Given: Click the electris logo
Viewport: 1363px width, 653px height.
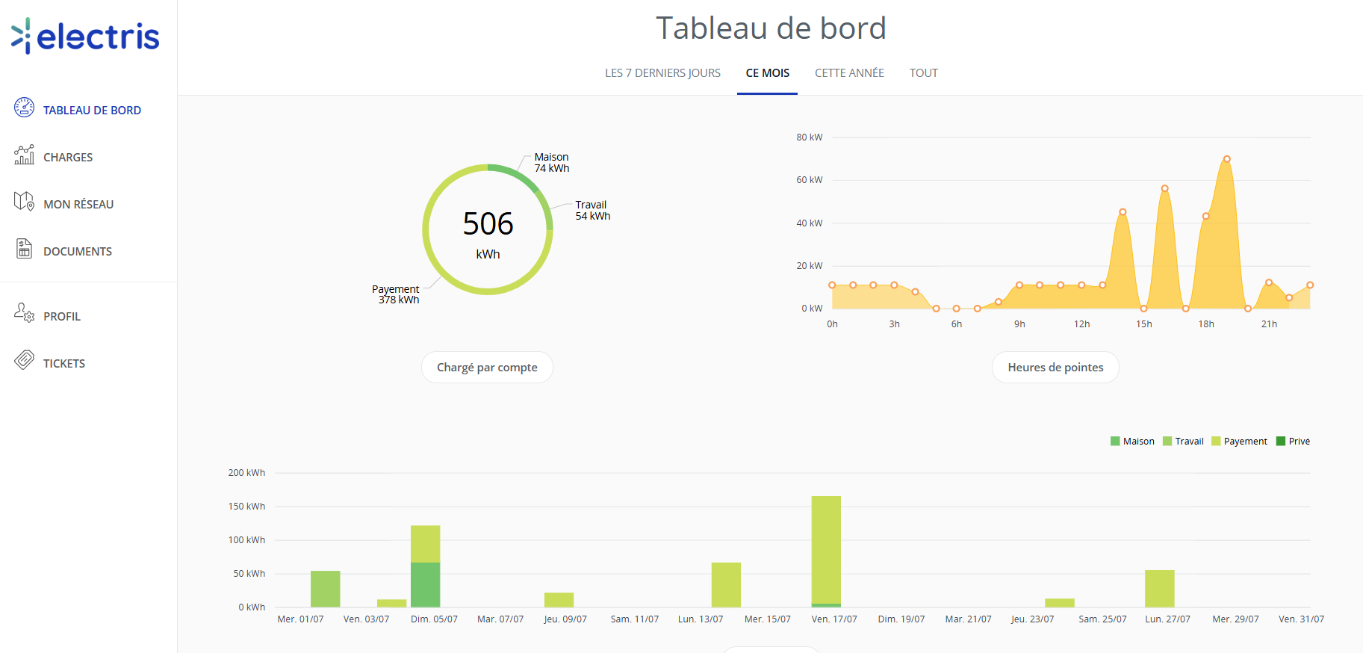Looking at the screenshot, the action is [x=85, y=36].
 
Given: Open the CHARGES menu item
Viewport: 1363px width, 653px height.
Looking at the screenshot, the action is [x=68, y=157].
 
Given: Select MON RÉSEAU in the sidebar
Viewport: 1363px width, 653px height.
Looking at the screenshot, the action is [x=78, y=204].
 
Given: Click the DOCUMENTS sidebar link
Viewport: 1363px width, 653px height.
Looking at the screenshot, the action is [x=78, y=251].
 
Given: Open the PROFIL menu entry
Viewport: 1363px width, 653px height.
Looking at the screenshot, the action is [x=62, y=316].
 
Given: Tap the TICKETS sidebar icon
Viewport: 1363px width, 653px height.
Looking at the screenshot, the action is [x=24, y=360].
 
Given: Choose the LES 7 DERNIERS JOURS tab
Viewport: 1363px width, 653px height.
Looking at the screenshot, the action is [x=662, y=72].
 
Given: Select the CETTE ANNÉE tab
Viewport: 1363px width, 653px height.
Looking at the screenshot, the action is [x=849, y=72].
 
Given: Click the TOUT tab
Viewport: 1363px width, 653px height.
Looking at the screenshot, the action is [x=923, y=72].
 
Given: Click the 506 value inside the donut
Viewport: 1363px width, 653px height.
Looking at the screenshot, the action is [x=488, y=223].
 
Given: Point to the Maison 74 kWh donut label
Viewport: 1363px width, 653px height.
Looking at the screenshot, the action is [x=552, y=162].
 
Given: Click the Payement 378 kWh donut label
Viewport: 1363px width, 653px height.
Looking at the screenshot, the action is [x=396, y=294].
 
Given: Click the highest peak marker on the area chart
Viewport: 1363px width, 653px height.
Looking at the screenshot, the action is [x=1227, y=159].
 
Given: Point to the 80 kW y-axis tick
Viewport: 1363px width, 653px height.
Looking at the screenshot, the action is [x=809, y=137].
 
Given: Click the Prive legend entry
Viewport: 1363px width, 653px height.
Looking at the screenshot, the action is [x=1293, y=441].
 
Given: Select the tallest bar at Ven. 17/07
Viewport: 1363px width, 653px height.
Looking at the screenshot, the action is [x=826, y=551].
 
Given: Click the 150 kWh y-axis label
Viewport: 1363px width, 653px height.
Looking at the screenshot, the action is [x=246, y=507].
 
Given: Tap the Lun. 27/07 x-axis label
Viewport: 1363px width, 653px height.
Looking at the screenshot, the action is [x=1167, y=619].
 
